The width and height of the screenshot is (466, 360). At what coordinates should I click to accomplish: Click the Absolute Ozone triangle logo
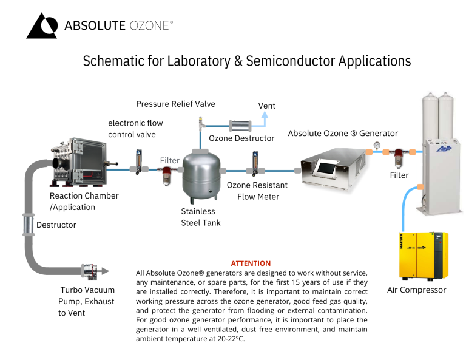pos(42,25)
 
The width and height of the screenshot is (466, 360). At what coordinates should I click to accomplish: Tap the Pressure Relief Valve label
pos(175,104)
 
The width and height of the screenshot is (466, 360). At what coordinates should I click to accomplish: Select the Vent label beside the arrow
pos(267,106)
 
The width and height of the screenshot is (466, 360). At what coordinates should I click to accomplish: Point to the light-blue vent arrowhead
pos(264,115)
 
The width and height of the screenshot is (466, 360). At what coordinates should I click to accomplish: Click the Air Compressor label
pos(416,290)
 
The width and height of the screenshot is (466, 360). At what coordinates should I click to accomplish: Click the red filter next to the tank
pos(166,176)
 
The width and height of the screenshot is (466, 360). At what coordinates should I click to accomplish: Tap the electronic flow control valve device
pos(138,162)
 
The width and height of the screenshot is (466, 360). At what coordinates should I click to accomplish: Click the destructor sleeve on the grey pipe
pos(28,225)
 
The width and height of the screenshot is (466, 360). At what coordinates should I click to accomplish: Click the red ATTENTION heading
pos(251,263)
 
